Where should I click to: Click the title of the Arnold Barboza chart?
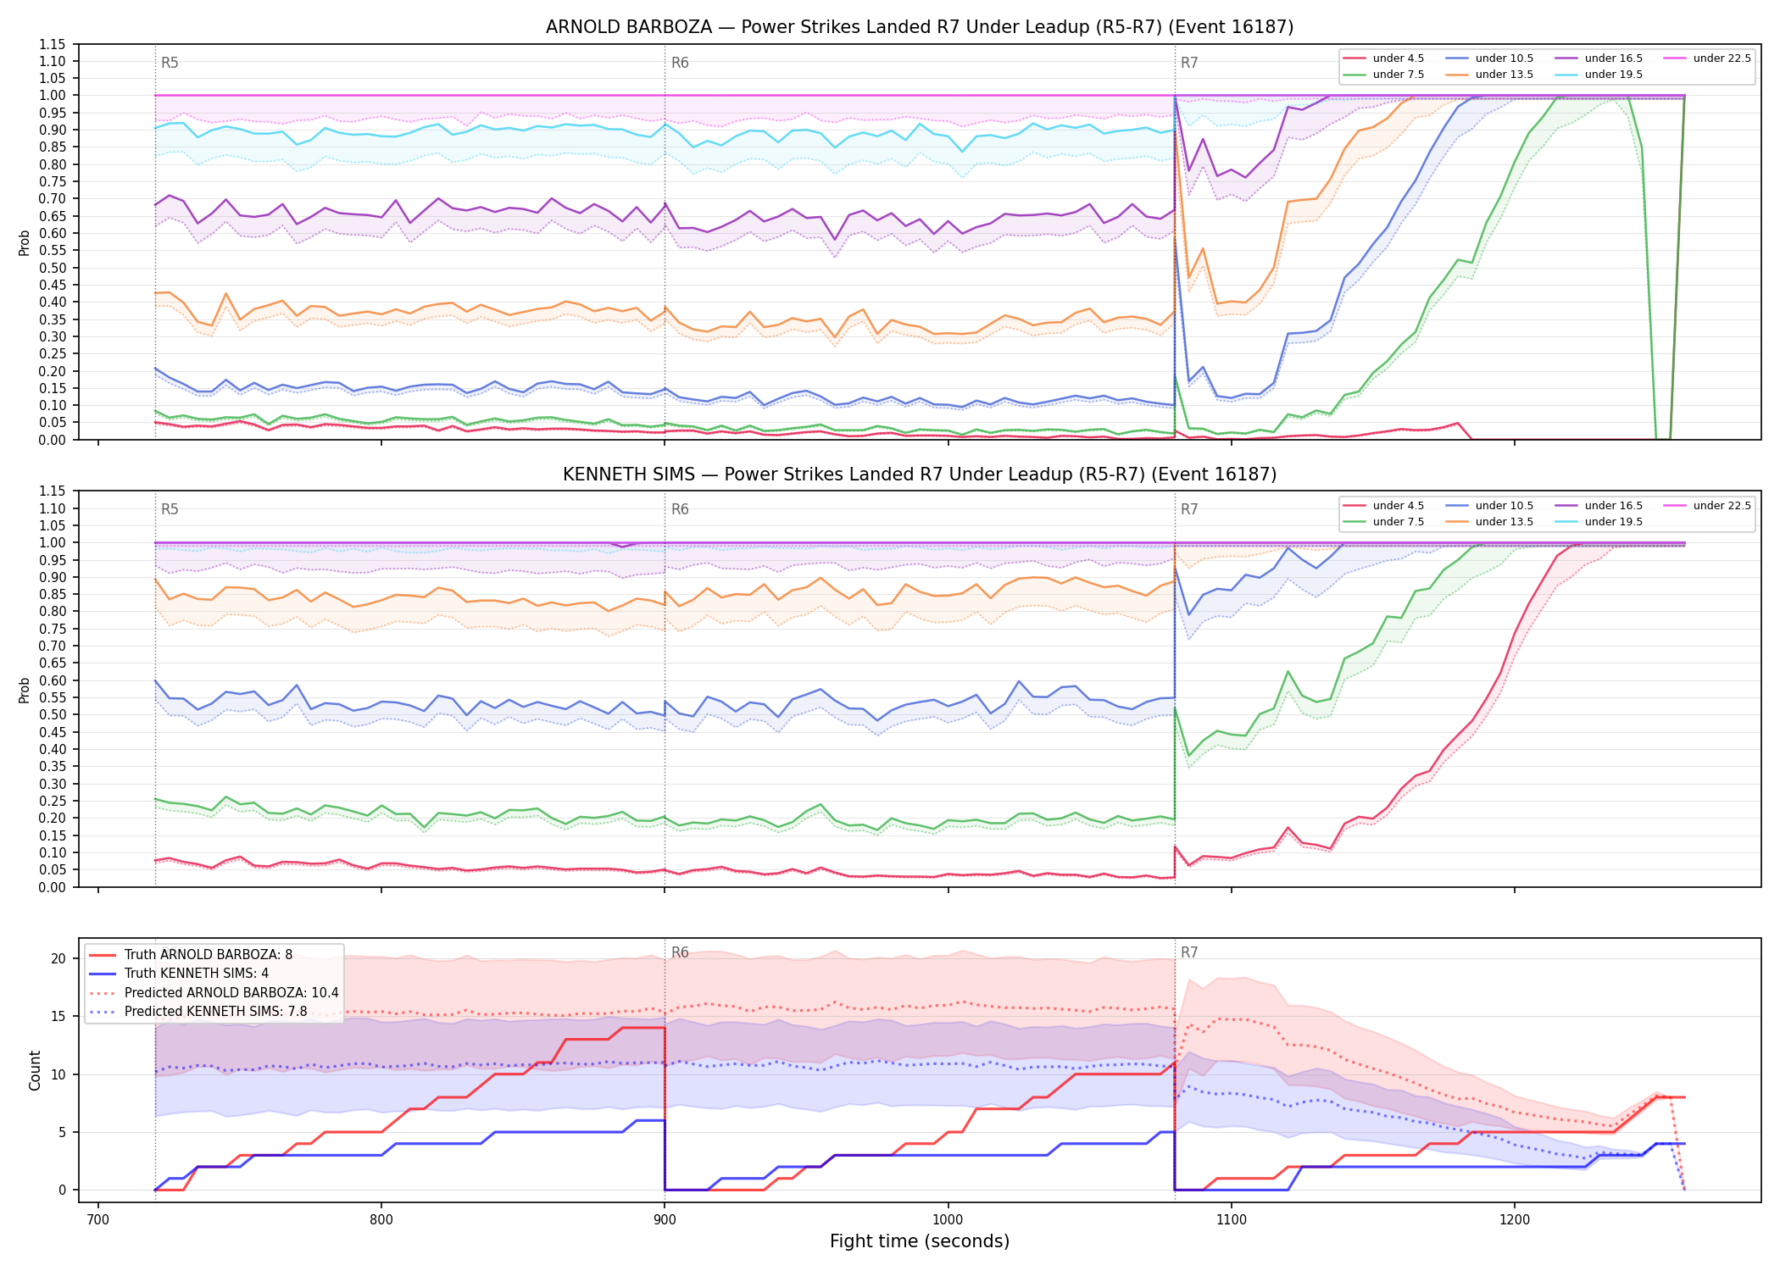[x=920, y=27]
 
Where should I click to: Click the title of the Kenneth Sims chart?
[x=920, y=475]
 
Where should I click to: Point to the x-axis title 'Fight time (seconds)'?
[x=920, y=1241]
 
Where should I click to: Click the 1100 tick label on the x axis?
[x=1231, y=1219]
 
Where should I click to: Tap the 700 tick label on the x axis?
[x=98, y=1219]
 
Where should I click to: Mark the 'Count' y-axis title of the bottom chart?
[x=35, y=1070]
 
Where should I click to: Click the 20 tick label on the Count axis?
[x=58, y=959]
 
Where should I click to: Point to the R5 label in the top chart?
[x=170, y=63]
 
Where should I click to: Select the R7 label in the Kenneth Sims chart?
[x=1189, y=509]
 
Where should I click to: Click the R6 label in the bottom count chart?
[x=680, y=952]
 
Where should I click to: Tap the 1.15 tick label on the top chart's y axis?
[x=53, y=45]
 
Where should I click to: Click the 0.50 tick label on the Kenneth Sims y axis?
[x=53, y=715]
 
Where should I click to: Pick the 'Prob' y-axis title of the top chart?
[x=25, y=242]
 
